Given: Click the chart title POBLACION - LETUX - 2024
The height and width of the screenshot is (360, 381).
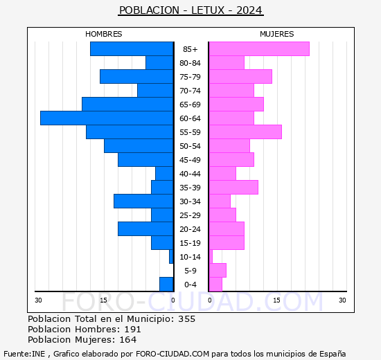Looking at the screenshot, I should coord(190,10).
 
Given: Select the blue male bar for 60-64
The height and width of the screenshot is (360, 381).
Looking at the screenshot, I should coord(106,118).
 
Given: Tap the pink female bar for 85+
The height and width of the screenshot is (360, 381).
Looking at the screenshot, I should coord(259,49).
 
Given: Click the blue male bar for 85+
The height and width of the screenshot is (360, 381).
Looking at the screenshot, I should coord(131,49).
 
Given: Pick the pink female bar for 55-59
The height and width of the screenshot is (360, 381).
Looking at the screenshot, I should coord(245,132).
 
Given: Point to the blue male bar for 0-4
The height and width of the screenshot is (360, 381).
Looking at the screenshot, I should coord(166,285).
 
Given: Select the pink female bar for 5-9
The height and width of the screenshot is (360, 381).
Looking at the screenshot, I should coord(218,271).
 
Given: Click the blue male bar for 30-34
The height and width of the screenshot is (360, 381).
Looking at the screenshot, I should coord(143,201).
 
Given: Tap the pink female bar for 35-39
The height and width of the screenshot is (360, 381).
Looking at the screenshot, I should coord(233,188).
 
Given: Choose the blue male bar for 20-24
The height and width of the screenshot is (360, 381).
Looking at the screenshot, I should coord(145,229).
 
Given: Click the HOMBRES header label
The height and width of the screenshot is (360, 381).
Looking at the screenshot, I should coord(104,34).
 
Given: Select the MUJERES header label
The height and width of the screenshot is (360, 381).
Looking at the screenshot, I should coord(277,34).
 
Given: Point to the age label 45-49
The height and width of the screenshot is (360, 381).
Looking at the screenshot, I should coord(190,160).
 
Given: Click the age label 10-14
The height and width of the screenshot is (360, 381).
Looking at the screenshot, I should coord(190,257).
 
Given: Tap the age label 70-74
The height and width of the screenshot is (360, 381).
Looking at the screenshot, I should coord(190,91).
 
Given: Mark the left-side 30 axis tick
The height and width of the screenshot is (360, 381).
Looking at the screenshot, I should coord(39,300).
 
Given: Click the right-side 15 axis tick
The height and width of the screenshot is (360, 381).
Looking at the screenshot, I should coord(276,300).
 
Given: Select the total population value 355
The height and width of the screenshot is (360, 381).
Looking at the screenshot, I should coord(186,319).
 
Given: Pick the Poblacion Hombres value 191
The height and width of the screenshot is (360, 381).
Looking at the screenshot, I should coord(132,330).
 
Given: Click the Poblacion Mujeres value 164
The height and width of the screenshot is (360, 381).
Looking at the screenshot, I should coord(127,340).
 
